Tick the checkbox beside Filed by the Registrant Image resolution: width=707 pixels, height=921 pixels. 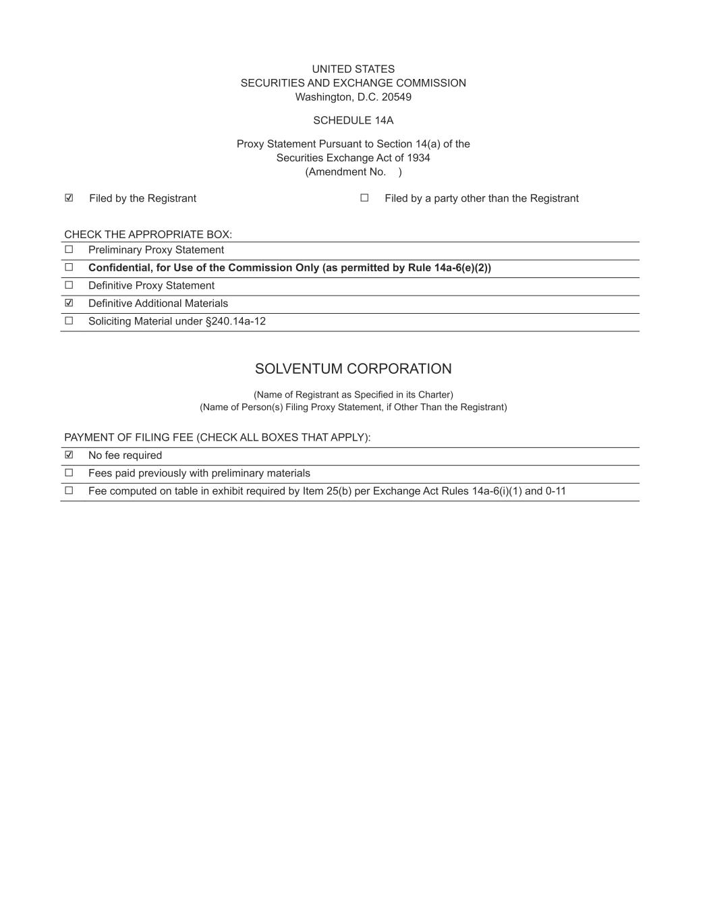(69, 198)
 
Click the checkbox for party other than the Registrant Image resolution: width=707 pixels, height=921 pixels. (364, 198)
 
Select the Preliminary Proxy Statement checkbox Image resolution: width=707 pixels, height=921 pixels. (69, 250)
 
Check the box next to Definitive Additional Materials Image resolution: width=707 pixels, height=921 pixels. (69, 303)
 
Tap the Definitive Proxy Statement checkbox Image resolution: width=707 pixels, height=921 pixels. (69, 285)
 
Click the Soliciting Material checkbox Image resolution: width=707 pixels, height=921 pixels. (69, 321)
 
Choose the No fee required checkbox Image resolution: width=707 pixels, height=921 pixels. (69, 455)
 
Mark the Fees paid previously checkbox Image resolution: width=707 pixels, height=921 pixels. (69, 473)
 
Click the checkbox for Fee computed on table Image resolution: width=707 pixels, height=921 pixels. (69, 491)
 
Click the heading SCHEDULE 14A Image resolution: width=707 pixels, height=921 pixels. (353, 120)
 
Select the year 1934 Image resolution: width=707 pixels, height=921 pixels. (418, 158)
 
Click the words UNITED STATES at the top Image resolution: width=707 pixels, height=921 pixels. (353, 69)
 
